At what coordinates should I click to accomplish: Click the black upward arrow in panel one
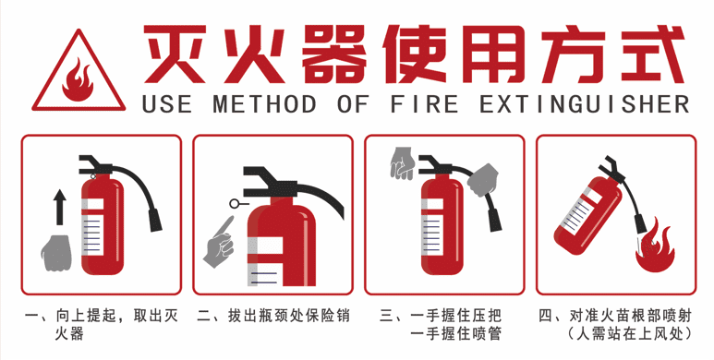(60, 208)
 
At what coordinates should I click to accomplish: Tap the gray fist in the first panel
(56, 252)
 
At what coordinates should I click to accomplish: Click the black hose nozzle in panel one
(154, 220)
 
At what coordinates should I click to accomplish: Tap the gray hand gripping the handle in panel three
(401, 163)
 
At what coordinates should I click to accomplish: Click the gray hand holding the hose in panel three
(481, 179)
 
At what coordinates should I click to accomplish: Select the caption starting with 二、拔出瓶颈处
(273, 317)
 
